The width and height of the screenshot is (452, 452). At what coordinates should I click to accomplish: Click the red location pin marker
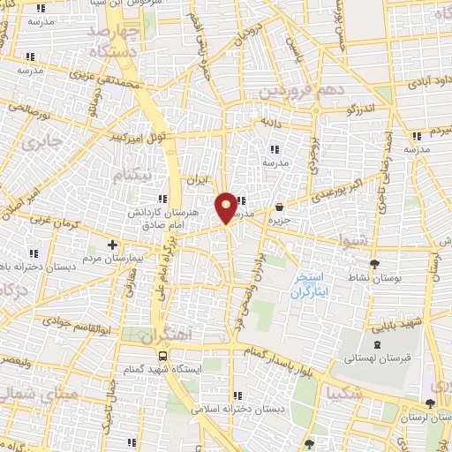click(227, 206)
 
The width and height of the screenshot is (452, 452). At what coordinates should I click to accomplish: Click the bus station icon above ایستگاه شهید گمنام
click(162, 355)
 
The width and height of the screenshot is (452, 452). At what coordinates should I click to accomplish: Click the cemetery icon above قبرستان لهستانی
click(378, 345)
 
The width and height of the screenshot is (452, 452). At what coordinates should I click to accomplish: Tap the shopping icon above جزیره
click(280, 206)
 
